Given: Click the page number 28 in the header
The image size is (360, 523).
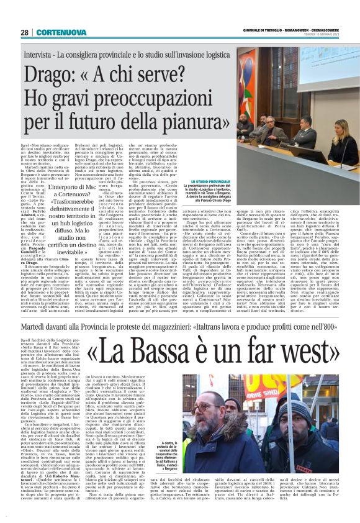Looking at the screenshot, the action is [x=25, y=32].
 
